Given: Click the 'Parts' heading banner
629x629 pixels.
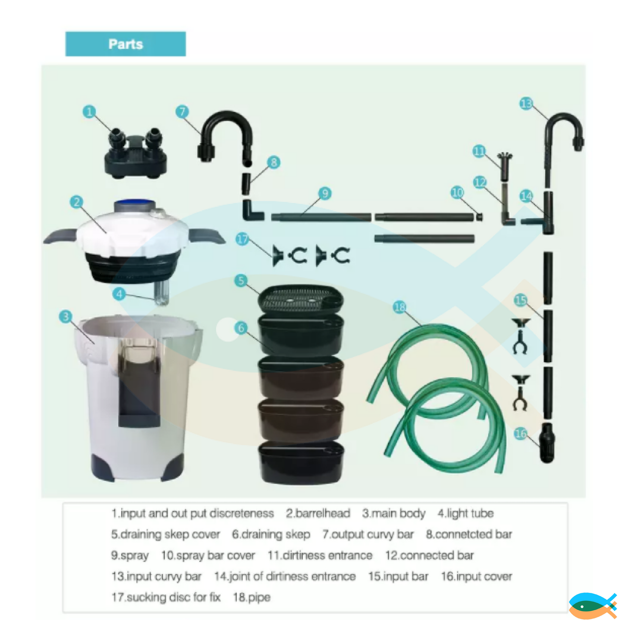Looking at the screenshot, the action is click(126, 44).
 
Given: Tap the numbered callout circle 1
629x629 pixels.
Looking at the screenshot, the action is click(89, 111).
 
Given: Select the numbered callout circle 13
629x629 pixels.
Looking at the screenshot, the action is click(525, 104).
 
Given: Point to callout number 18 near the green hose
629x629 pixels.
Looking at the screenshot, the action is click(400, 307).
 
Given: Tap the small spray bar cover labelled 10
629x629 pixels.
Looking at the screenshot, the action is click(479, 217).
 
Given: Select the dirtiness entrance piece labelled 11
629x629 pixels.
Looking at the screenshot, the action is click(505, 166).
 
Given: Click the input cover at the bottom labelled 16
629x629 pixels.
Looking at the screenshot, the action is click(547, 443).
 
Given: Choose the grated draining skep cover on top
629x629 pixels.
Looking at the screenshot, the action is click(301, 299).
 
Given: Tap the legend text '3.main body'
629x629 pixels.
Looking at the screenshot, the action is click(394, 514).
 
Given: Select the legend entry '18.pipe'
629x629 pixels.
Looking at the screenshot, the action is click(252, 598).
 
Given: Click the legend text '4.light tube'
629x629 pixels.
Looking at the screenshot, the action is click(465, 514).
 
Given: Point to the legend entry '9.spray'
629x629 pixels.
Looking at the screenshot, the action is click(130, 555).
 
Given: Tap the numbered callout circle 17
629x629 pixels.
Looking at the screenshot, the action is click(242, 239).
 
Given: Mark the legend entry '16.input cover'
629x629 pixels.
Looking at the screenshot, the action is click(477, 577).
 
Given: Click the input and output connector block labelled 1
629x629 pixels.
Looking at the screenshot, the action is click(135, 153).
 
